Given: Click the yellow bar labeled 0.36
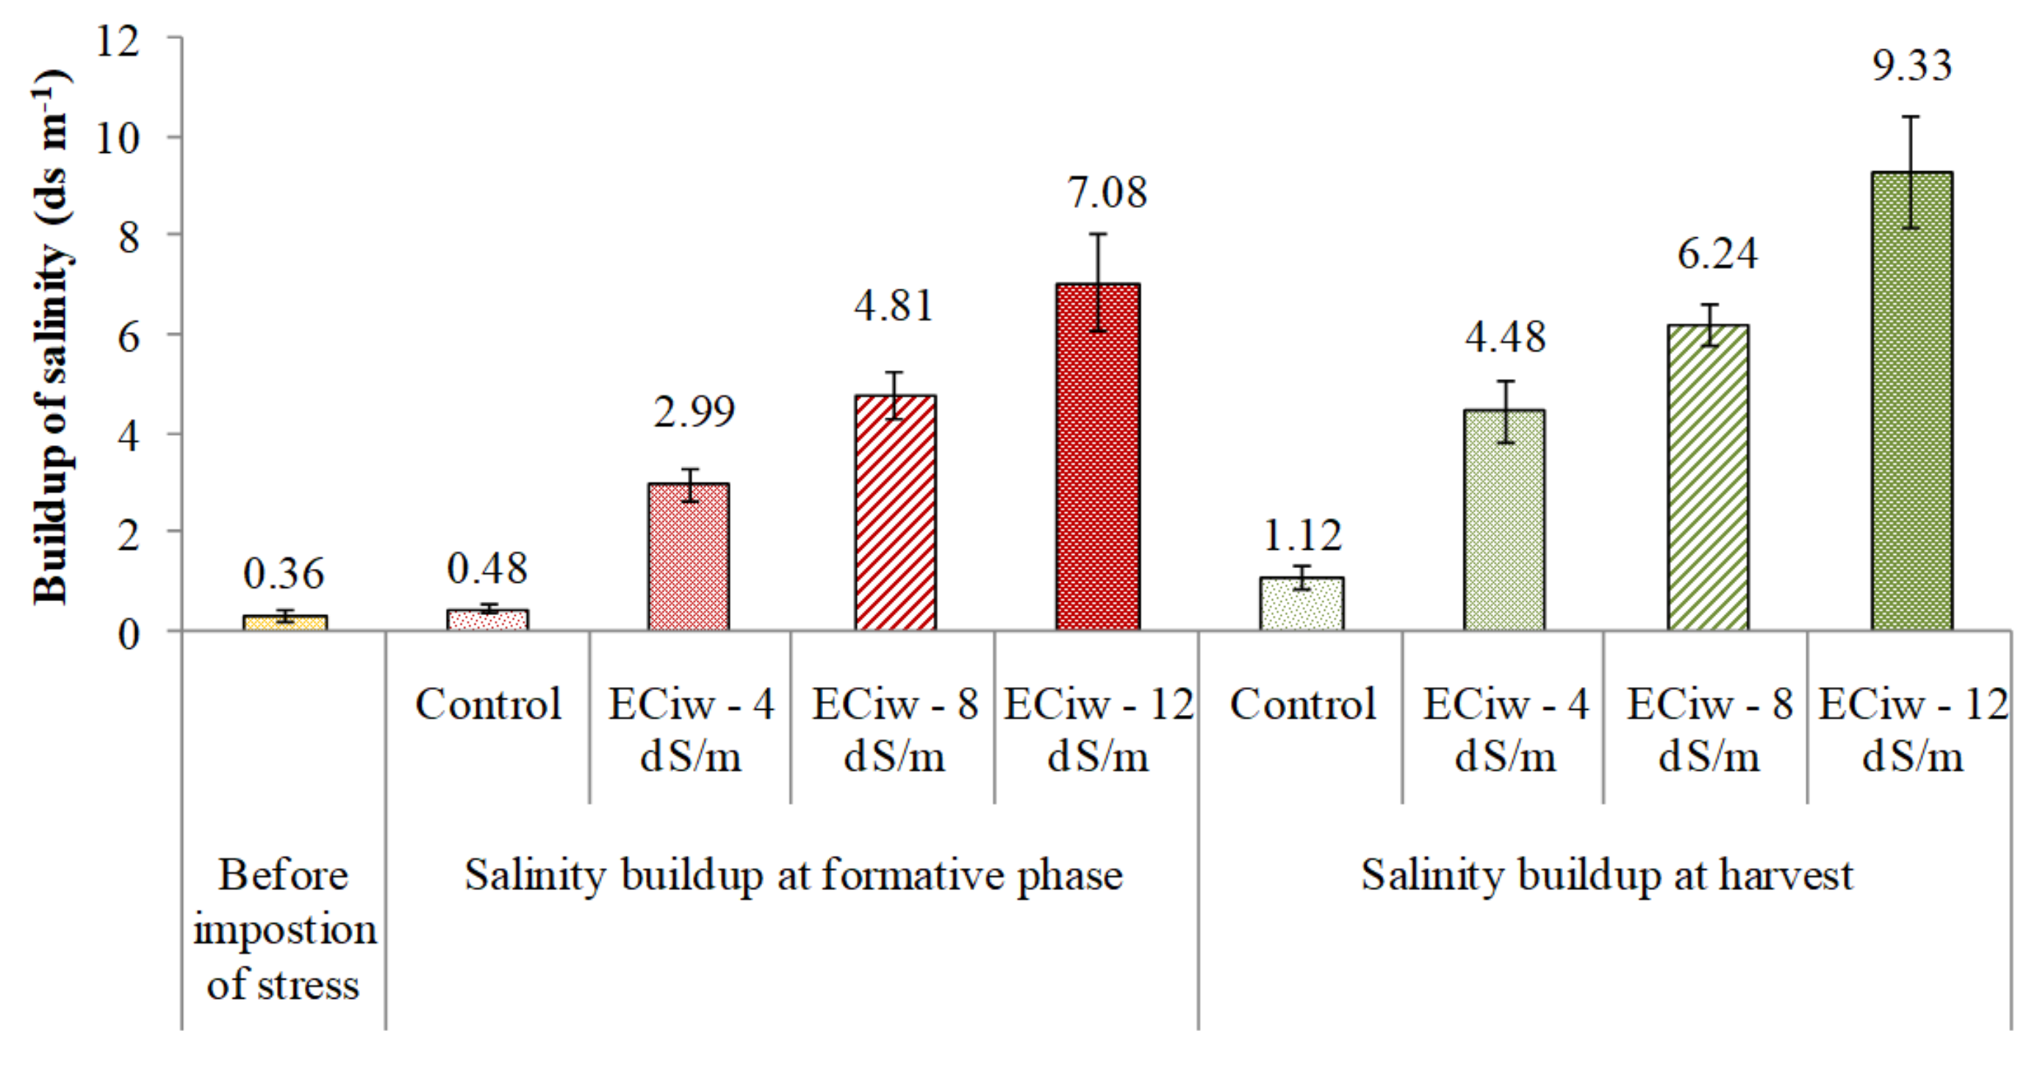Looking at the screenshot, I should click(285, 622).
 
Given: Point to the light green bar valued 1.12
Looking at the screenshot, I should click(1301, 606).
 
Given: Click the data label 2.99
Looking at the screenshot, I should click(694, 411).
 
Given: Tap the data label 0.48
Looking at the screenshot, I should click(487, 569).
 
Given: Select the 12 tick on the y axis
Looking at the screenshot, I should click(117, 40).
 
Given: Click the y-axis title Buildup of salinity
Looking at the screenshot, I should click(51, 337).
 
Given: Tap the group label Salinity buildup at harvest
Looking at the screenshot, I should click(1606, 876).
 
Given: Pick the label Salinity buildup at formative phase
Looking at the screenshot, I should click(794, 876).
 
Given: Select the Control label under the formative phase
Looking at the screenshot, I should click(488, 704).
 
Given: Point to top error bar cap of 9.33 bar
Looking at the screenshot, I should click(1911, 118).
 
